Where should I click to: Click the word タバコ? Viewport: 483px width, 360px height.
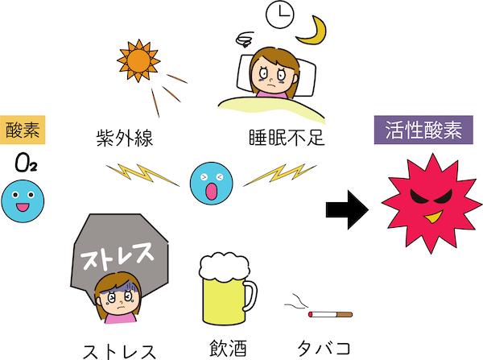[x=324, y=347]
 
